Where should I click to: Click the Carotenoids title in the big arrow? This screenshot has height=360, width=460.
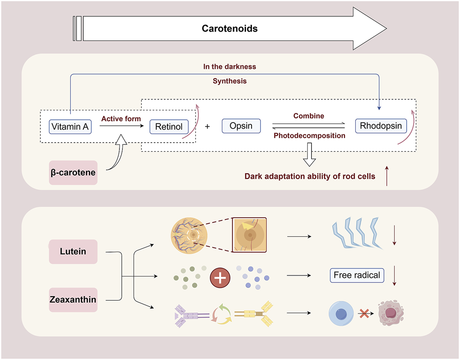click(x=230, y=29)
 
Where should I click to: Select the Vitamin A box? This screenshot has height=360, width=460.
click(x=70, y=127)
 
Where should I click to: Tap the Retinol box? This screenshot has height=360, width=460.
click(x=169, y=127)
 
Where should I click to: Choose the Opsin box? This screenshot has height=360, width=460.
click(x=241, y=126)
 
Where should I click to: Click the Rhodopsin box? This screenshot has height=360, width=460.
click(x=381, y=126)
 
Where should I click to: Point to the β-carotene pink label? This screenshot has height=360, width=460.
click(x=73, y=173)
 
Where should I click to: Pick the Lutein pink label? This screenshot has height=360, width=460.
click(x=73, y=251)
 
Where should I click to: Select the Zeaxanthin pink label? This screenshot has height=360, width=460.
click(x=73, y=299)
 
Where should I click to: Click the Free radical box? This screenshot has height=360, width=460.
click(x=357, y=275)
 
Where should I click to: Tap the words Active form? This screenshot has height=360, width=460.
click(x=121, y=119)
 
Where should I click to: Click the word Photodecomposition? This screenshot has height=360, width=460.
click(x=309, y=135)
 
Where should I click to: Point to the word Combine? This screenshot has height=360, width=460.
click(x=308, y=116)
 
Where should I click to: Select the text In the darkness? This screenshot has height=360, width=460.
click(x=230, y=66)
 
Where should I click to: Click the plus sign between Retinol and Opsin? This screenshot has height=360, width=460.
click(x=207, y=127)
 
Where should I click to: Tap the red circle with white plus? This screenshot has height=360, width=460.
click(x=220, y=278)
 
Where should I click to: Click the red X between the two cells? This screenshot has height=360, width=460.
click(x=365, y=314)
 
